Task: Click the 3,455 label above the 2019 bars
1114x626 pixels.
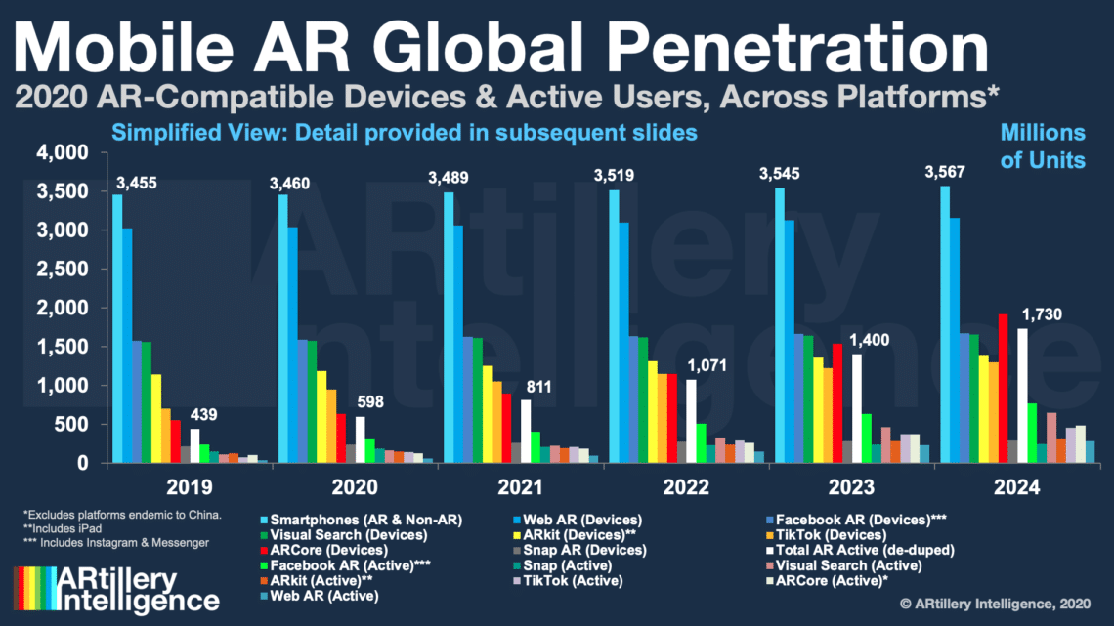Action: coord(136,183)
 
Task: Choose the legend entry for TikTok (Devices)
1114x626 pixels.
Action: coord(835,536)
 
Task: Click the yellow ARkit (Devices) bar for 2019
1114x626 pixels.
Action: coord(156,419)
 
